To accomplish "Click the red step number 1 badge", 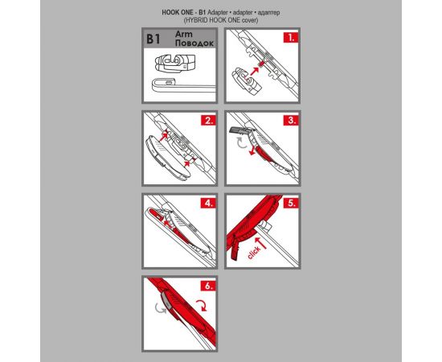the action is tap(291, 37).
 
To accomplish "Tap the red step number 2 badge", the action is tap(208, 120).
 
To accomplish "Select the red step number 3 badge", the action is tap(291, 120).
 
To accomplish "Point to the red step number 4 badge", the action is tap(208, 203).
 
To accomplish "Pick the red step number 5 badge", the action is tap(291, 203).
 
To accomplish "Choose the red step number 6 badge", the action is tap(208, 286).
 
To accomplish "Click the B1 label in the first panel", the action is tap(153, 39).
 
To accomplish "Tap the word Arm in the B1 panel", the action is tap(184, 34).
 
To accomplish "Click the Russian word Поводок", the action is tap(194, 43).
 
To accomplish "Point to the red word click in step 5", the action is tap(254, 253).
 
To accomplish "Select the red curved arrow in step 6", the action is tap(202, 306).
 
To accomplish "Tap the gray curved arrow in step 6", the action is tap(161, 308).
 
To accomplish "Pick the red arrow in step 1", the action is tap(254, 71).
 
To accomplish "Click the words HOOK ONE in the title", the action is tap(178, 13).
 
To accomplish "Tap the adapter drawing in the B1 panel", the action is tap(174, 64).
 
